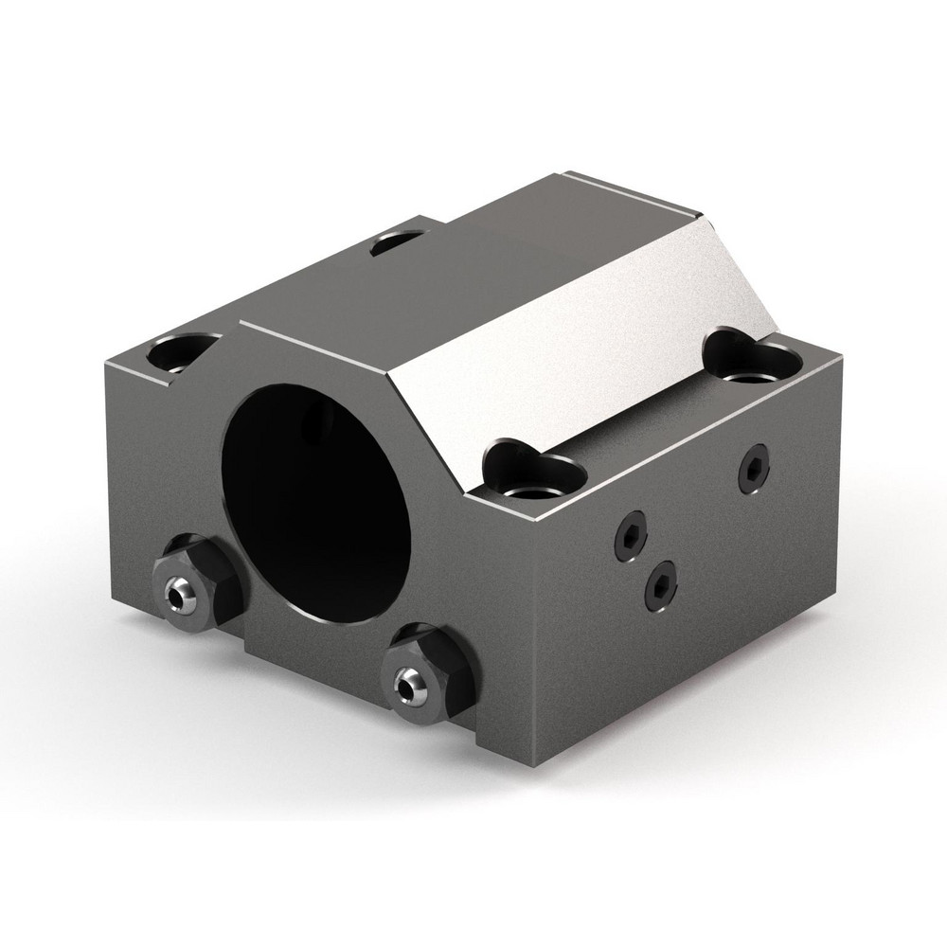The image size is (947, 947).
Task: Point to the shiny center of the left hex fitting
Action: click(x=176, y=596)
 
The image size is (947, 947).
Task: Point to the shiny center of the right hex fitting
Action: click(x=409, y=681)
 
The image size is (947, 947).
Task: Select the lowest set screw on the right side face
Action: click(x=661, y=584)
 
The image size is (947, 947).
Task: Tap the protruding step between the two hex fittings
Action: click(x=313, y=653)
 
